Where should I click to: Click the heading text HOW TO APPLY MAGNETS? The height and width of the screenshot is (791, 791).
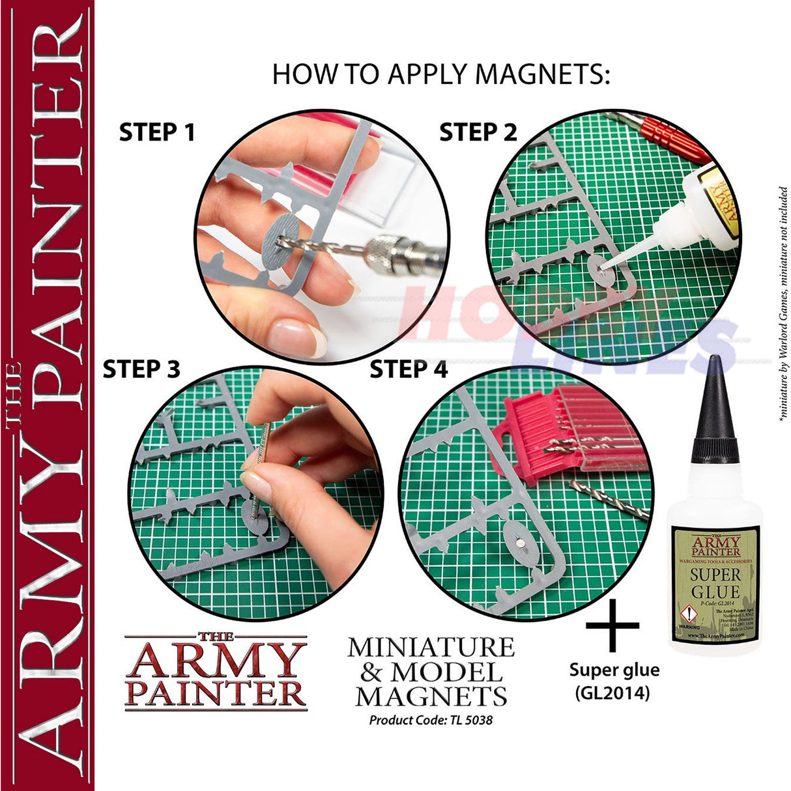441,74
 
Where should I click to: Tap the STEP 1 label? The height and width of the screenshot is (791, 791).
157,133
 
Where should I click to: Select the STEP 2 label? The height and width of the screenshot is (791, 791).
478,132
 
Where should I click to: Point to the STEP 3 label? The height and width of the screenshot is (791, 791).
141,369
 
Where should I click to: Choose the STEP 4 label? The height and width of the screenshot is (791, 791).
409,370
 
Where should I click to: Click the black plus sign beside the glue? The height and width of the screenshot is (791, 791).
612,626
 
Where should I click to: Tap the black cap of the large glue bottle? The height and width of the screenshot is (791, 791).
715,410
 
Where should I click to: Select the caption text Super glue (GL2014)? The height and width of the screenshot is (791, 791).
614,681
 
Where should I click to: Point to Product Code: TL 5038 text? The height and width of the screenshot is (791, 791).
431,720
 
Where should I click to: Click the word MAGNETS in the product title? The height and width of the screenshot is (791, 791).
431,696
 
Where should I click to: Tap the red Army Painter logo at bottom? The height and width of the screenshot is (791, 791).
216,671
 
